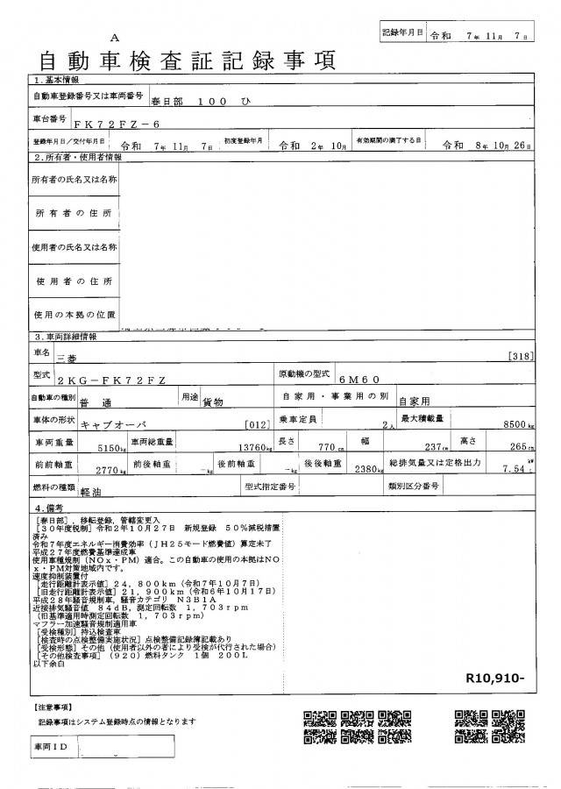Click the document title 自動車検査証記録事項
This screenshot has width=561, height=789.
[x=184, y=60]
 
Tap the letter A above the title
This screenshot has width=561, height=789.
[x=114, y=38]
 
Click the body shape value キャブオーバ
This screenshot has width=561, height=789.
[x=112, y=423]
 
